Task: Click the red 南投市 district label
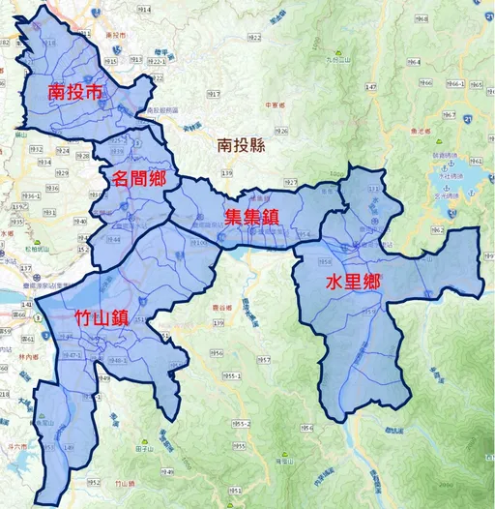[x=73, y=93]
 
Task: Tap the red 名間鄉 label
[x=138, y=178]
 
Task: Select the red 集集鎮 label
[x=251, y=218]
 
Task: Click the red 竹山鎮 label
[x=101, y=318]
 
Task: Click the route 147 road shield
[x=370, y=87]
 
